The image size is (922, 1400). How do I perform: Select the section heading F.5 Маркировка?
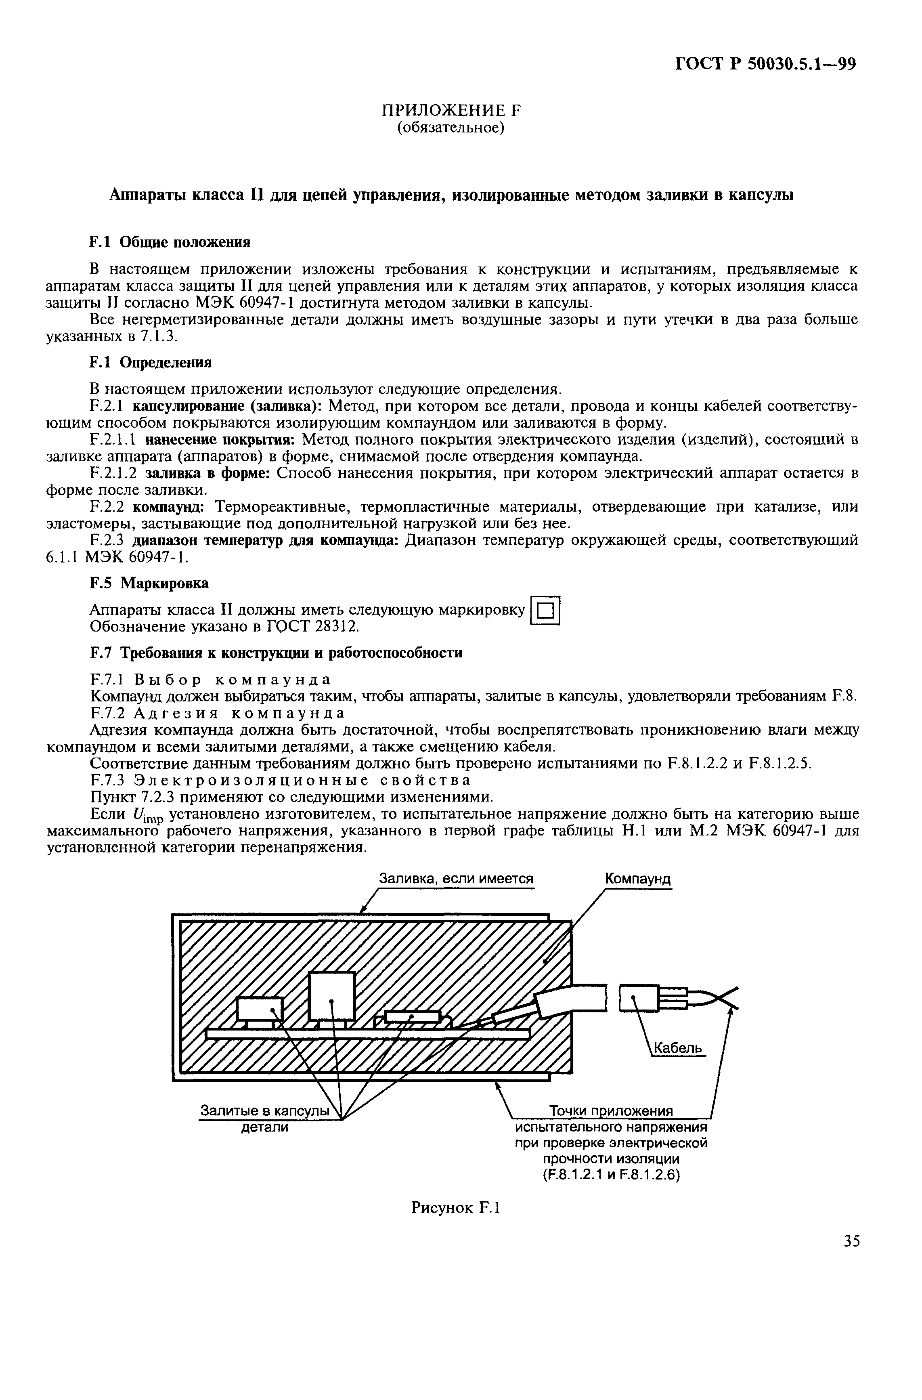(x=149, y=583)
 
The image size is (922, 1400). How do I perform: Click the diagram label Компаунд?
(x=638, y=879)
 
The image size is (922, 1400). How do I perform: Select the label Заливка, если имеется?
(x=456, y=879)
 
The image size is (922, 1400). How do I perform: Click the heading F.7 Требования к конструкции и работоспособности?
(x=276, y=653)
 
